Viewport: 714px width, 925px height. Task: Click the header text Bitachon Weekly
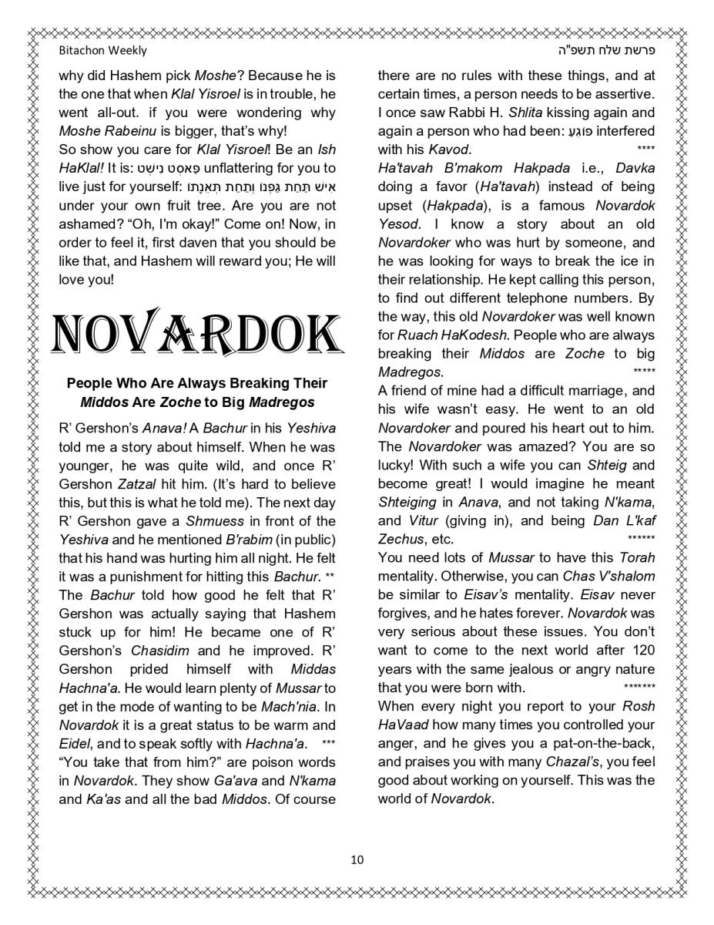(x=102, y=50)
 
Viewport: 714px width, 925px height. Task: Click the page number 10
(x=357, y=859)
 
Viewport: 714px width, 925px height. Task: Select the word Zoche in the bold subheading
(x=179, y=402)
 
